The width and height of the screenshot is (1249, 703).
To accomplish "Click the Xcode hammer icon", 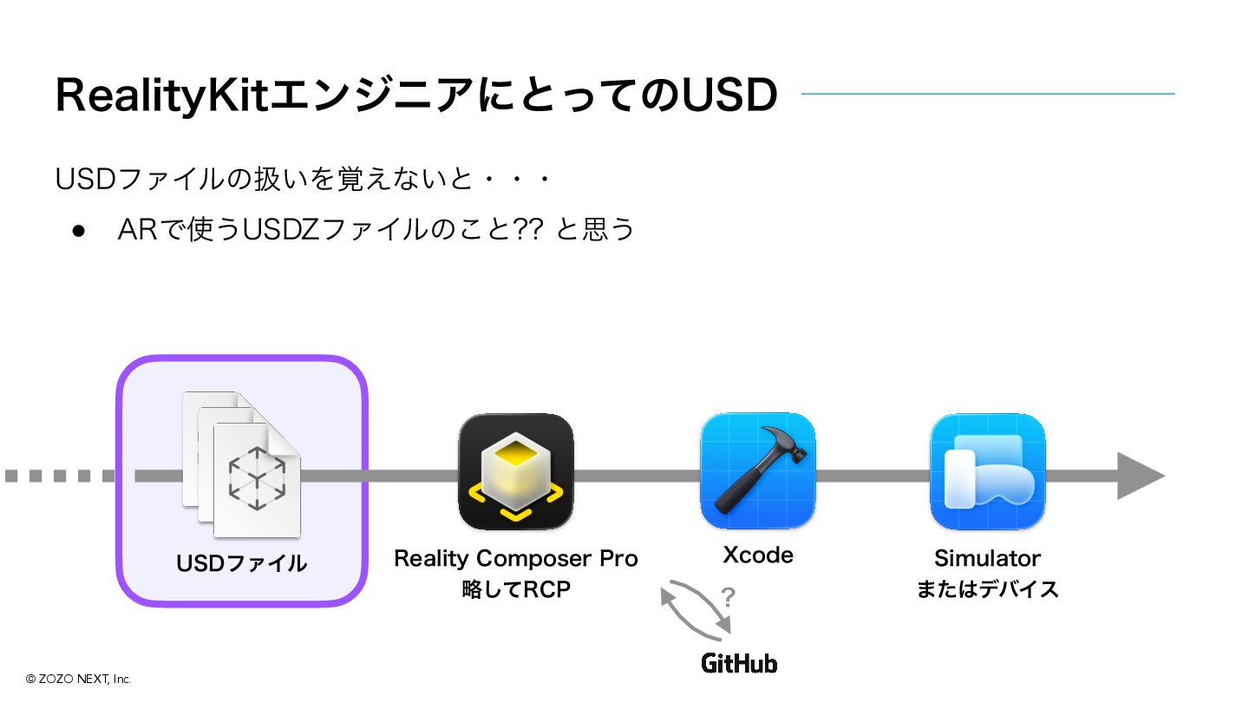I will click(x=757, y=470).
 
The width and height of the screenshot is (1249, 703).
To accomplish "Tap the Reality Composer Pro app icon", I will click(x=516, y=471).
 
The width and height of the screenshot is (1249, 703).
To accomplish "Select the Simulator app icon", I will click(x=988, y=471).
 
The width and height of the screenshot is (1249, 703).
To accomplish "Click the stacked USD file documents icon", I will click(x=242, y=464).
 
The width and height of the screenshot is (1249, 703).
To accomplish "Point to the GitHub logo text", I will click(x=739, y=664).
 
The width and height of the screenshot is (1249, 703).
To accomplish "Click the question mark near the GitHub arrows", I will click(x=729, y=597).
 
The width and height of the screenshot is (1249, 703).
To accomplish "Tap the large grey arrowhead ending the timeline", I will click(x=1139, y=476).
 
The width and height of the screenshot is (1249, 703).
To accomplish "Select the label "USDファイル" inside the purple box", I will click(x=242, y=563).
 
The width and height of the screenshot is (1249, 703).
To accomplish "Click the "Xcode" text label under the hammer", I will click(x=757, y=555).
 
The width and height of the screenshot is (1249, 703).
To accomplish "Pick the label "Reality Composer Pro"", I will click(x=516, y=558).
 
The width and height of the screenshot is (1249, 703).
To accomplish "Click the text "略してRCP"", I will click(x=516, y=590).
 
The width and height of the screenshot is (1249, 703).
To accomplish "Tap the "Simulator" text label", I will click(x=987, y=558).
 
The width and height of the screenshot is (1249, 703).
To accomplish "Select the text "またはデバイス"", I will click(x=988, y=589).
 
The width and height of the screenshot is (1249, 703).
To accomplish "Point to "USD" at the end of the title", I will click(x=729, y=95).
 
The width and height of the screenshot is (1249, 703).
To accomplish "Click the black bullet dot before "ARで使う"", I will click(x=80, y=231).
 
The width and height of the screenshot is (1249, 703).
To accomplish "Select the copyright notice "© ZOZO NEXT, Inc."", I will click(x=78, y=679).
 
